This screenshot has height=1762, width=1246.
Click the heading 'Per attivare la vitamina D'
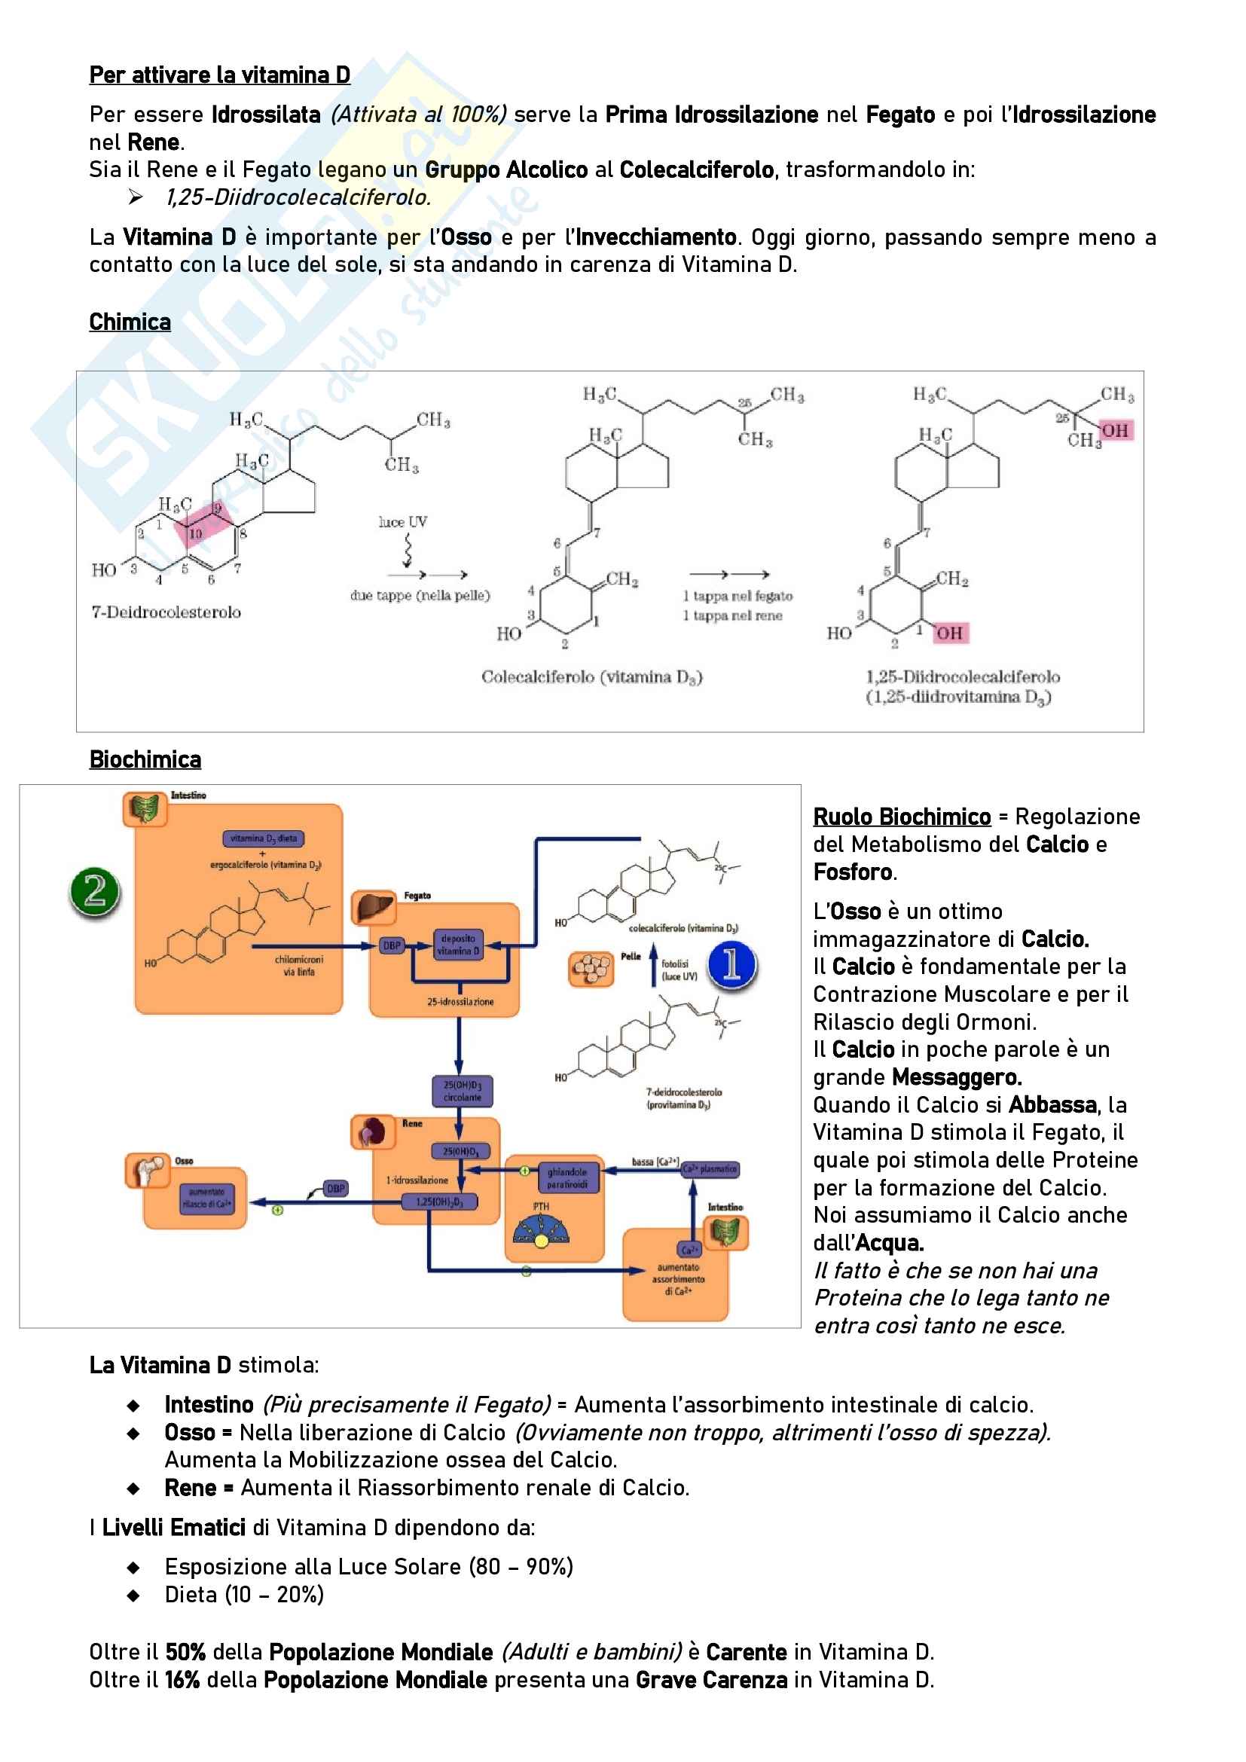coord(219,75)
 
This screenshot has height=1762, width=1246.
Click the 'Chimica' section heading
coord(130,322)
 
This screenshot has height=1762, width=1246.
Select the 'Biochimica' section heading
coord(145,760)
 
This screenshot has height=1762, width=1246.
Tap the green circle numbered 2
coord(95,891)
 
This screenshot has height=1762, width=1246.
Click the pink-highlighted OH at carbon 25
coord(1116,431)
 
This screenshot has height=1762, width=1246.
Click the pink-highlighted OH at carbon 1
coord(950,633)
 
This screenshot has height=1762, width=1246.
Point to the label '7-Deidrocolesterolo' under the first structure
coord(166,612)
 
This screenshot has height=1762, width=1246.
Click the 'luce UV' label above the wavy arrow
coord(403,523)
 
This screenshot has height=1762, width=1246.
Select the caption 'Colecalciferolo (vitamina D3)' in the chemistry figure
coord(591,678)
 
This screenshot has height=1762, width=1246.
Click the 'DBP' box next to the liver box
coord(392,945)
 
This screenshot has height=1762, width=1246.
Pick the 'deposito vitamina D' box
coord(458,945)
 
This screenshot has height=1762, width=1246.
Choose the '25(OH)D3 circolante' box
coord(462,1092)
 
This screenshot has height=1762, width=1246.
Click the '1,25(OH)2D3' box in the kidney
coord(440,1202)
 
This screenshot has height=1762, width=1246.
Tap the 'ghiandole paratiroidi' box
coord(568,1178)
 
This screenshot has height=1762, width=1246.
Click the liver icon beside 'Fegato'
coord(373,908)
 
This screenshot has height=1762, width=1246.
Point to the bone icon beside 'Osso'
coord(148,1171)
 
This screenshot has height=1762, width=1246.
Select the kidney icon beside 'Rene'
coord(373,1132)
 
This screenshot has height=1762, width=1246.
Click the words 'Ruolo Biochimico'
coord(902,817)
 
